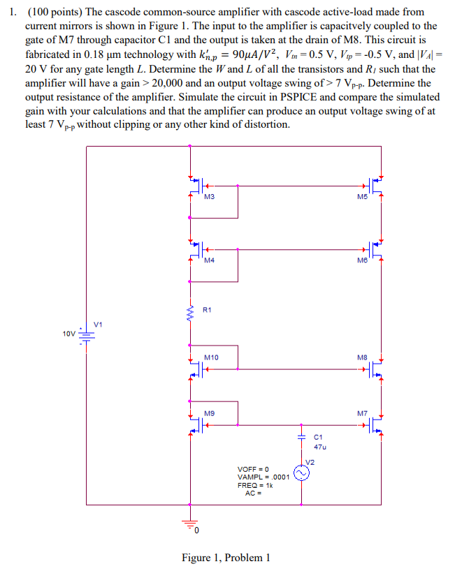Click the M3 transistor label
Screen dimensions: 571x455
pos(209,198)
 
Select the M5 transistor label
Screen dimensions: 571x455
pos(361,198)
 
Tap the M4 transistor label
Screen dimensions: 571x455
pos(209,260)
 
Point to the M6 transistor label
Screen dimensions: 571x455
pos(361,260)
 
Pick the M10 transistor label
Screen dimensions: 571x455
pos(211,357)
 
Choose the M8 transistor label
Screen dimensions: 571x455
pos(361,357)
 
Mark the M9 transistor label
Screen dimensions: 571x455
pos(209,413)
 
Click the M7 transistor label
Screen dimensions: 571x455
pos(361,413)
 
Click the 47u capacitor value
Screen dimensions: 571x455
pos(319,446)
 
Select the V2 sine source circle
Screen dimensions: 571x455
pos(302,474)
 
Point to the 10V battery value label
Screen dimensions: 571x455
pos(68,334)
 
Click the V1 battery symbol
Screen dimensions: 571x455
pos(87,336)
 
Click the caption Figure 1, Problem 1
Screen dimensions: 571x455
pos(225,557)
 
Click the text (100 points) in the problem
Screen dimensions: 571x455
pos(55,13)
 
